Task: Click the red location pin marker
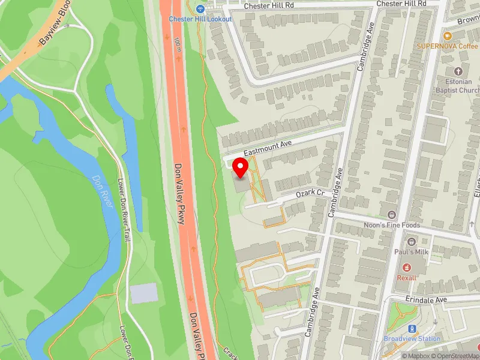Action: click(241, 167)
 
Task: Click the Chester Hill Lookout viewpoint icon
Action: click(200, 9)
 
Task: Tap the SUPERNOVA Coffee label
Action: click(448, 46)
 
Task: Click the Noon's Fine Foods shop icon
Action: click(392, 215)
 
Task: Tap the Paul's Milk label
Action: click(411, 252)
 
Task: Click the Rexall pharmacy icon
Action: click(407, 267)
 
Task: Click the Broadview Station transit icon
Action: click(412, 328)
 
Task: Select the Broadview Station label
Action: click(412, 338)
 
